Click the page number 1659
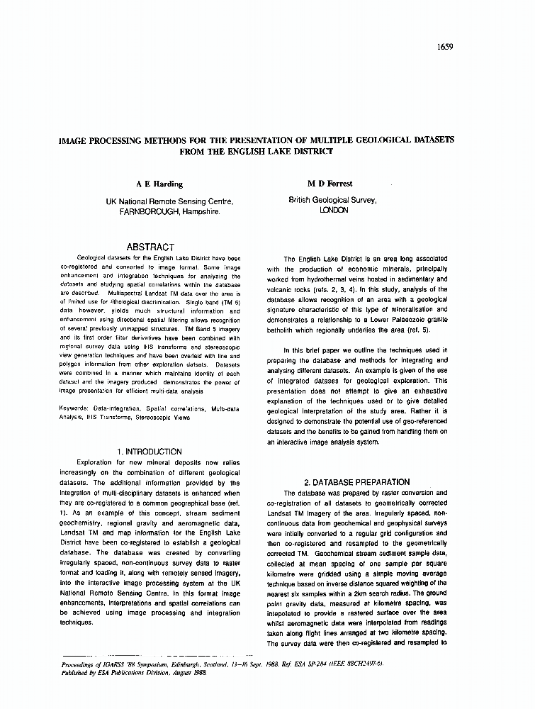coord(445,48)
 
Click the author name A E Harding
coord(159,184)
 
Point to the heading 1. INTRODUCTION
coord(150,452)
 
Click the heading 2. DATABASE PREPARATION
coord(356,482)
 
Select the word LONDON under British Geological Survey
coord(333,211)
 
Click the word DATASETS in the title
coord(429,140)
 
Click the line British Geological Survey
coord(332,201)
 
